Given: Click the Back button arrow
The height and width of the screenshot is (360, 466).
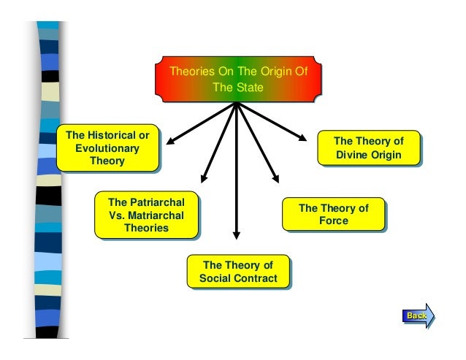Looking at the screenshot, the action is pos(418,315).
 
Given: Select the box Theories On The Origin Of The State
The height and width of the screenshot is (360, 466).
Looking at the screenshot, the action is pos(237,80).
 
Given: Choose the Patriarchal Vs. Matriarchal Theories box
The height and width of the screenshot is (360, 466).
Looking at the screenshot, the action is pos(146,215).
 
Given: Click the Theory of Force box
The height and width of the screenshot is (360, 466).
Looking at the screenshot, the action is pos(333,215).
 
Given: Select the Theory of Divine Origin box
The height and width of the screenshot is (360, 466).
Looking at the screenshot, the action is pos(368,148).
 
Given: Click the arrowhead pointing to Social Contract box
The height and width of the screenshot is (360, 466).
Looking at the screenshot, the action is pos(236,235).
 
